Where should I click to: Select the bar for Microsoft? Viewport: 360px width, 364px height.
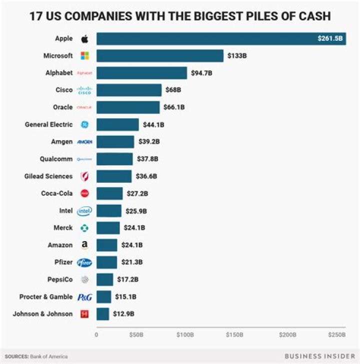159,55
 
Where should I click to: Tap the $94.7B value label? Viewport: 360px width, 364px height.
202,73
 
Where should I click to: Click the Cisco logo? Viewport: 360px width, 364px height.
84,90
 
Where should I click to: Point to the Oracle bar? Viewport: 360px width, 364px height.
128,107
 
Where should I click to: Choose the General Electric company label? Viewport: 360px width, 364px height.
48,124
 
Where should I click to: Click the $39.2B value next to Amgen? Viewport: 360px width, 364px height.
149,141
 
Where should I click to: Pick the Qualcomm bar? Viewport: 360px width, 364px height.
114,159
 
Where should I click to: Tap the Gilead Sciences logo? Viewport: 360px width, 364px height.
84,176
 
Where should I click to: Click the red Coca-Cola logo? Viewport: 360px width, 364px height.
84,193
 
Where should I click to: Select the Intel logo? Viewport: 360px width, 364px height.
84,211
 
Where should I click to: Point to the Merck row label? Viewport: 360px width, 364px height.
63,228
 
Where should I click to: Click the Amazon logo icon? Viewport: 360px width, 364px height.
84,245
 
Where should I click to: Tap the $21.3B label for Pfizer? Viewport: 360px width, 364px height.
132,262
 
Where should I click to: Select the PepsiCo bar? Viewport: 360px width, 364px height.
104,279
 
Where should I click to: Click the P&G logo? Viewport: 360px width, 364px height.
84,297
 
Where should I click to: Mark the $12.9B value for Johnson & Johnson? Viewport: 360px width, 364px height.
123,314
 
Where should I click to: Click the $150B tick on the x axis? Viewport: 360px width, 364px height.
234,335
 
